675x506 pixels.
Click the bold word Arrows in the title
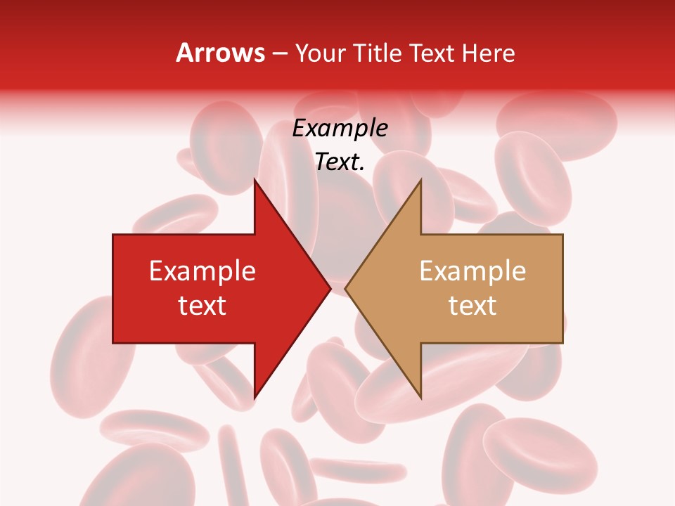point(220,53)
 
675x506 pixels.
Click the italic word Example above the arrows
point(340,129)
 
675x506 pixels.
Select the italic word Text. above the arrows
point(340,162)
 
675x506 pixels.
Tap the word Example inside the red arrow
point(202,271)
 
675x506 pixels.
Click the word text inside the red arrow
point(202,306)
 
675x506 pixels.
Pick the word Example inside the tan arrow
point(472,271)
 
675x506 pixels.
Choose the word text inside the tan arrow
point(472,306)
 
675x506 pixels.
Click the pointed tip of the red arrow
point(330,288)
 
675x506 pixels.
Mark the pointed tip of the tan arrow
point(345,288)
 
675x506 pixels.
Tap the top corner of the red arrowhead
point(255,180)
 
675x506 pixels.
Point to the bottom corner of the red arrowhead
point(255,398)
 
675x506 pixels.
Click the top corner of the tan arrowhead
point(420,180)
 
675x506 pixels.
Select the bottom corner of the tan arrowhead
point(420,398)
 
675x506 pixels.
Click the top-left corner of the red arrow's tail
point(113,235)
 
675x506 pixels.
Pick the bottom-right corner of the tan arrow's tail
point(562,342)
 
